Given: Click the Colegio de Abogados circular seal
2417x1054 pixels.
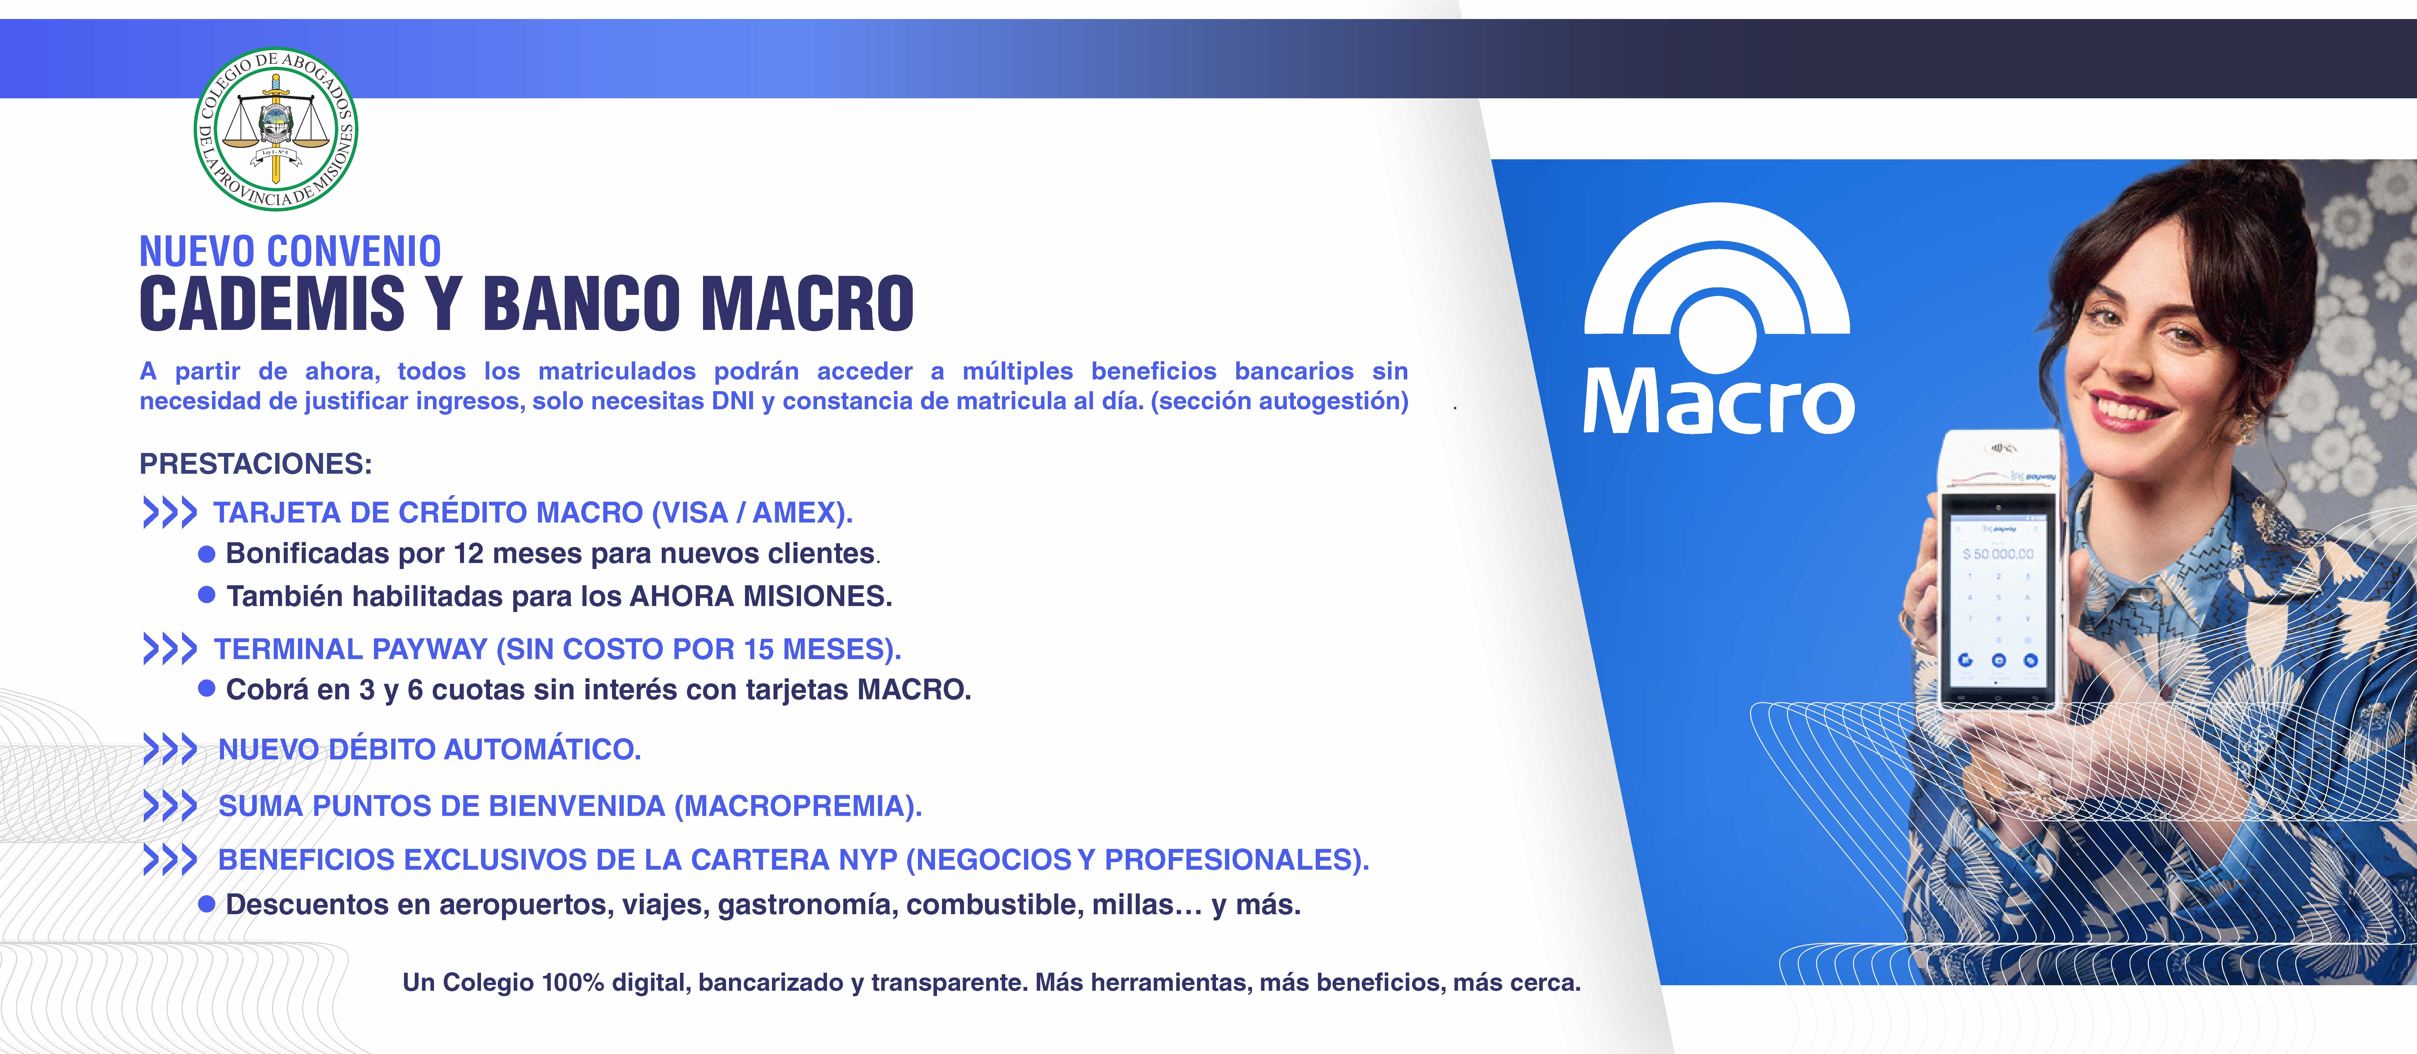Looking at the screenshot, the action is (x=276, y=129).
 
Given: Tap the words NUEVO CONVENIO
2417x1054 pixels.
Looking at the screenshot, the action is (x=290, y=252).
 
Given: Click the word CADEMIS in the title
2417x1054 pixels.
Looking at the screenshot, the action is (x=272, y=303).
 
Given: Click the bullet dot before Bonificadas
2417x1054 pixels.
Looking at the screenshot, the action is (x=207, y=555).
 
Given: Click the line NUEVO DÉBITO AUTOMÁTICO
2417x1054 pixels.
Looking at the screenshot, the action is (x=430, y=749).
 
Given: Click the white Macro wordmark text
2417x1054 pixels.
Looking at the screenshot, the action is (x=1719, y=402).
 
